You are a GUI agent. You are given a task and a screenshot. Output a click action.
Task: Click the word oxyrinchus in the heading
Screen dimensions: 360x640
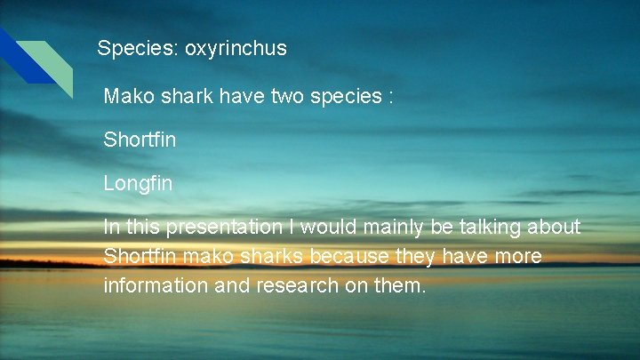236,48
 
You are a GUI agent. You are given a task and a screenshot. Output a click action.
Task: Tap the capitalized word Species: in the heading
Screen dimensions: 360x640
138,48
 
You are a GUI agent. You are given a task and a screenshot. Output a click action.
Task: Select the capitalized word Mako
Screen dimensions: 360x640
127,96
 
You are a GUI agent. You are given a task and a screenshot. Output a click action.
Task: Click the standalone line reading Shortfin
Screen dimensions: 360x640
140,140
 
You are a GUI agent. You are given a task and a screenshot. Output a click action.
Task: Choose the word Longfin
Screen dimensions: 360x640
138,184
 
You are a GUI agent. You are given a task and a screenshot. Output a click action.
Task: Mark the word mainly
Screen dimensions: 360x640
392,228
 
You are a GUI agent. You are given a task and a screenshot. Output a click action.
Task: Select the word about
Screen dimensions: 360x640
555,228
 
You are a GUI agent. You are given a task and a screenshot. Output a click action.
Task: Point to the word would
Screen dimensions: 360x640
328,228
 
